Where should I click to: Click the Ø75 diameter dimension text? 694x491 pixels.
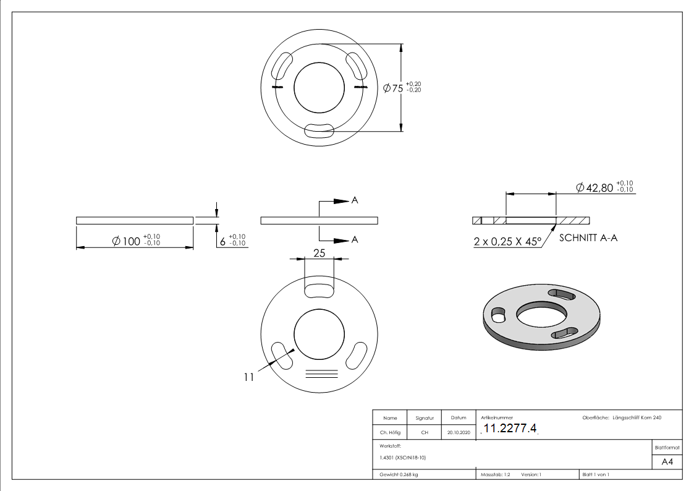point(402,88)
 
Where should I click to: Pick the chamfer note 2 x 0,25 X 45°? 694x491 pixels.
point(507,242)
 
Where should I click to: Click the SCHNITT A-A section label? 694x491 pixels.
point(588,238)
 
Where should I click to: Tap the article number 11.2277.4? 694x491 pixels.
point(510,429)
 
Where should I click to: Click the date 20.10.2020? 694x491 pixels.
point(458,433)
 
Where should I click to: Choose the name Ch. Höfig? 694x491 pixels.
point(390,433)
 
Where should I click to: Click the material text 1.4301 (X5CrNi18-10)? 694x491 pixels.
point(401,458)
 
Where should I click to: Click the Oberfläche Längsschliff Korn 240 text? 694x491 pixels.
point(622,418)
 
